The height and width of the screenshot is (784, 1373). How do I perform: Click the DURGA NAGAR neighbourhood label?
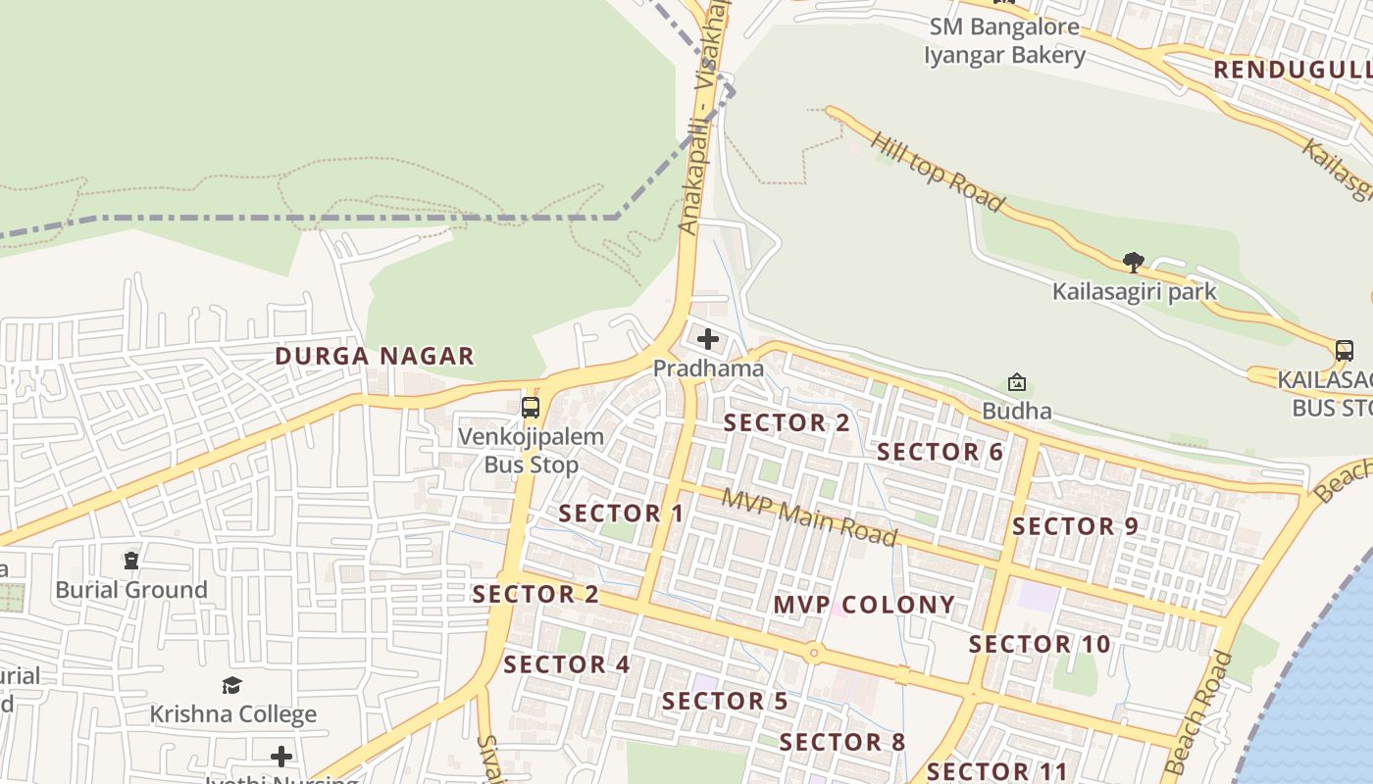coord(375,356)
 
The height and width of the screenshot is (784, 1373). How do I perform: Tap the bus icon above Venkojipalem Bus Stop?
coord(531,408)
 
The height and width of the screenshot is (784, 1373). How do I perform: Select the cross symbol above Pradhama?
coord(707,340)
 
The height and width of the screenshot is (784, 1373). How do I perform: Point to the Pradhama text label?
coord(708,368)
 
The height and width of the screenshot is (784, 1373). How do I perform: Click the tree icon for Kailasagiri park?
coord(1134,263)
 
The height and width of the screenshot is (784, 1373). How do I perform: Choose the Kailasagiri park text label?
coord(1134,291)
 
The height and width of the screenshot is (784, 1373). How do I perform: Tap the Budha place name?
coord(1017,411)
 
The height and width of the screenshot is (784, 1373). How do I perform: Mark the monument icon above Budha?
coord(1017,382)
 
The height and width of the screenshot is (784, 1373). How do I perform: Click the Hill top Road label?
coord(937,172)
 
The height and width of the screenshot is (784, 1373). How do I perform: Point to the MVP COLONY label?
coord(864,605)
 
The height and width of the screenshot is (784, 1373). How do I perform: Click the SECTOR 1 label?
coord(622,514)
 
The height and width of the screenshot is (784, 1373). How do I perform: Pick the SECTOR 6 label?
coord(941,452)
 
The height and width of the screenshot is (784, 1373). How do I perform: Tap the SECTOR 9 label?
coord(1075,526)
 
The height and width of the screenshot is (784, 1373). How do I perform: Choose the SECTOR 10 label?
coord(1040,644)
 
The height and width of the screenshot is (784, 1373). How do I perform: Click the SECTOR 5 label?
coord(725,702)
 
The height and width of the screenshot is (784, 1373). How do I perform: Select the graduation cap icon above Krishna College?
coord(232,685)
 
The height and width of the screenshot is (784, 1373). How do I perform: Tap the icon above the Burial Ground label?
coord(131,561)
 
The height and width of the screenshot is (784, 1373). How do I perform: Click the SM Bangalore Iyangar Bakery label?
coord(1004,41)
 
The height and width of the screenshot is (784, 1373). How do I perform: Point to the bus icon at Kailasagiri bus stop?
coord(1345,351)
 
